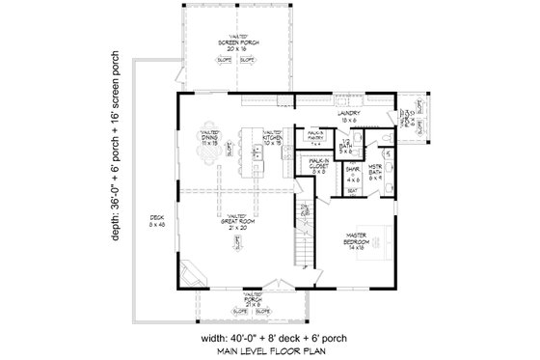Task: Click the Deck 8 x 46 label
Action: coord(157,225)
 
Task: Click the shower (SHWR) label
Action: coord(352,174)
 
